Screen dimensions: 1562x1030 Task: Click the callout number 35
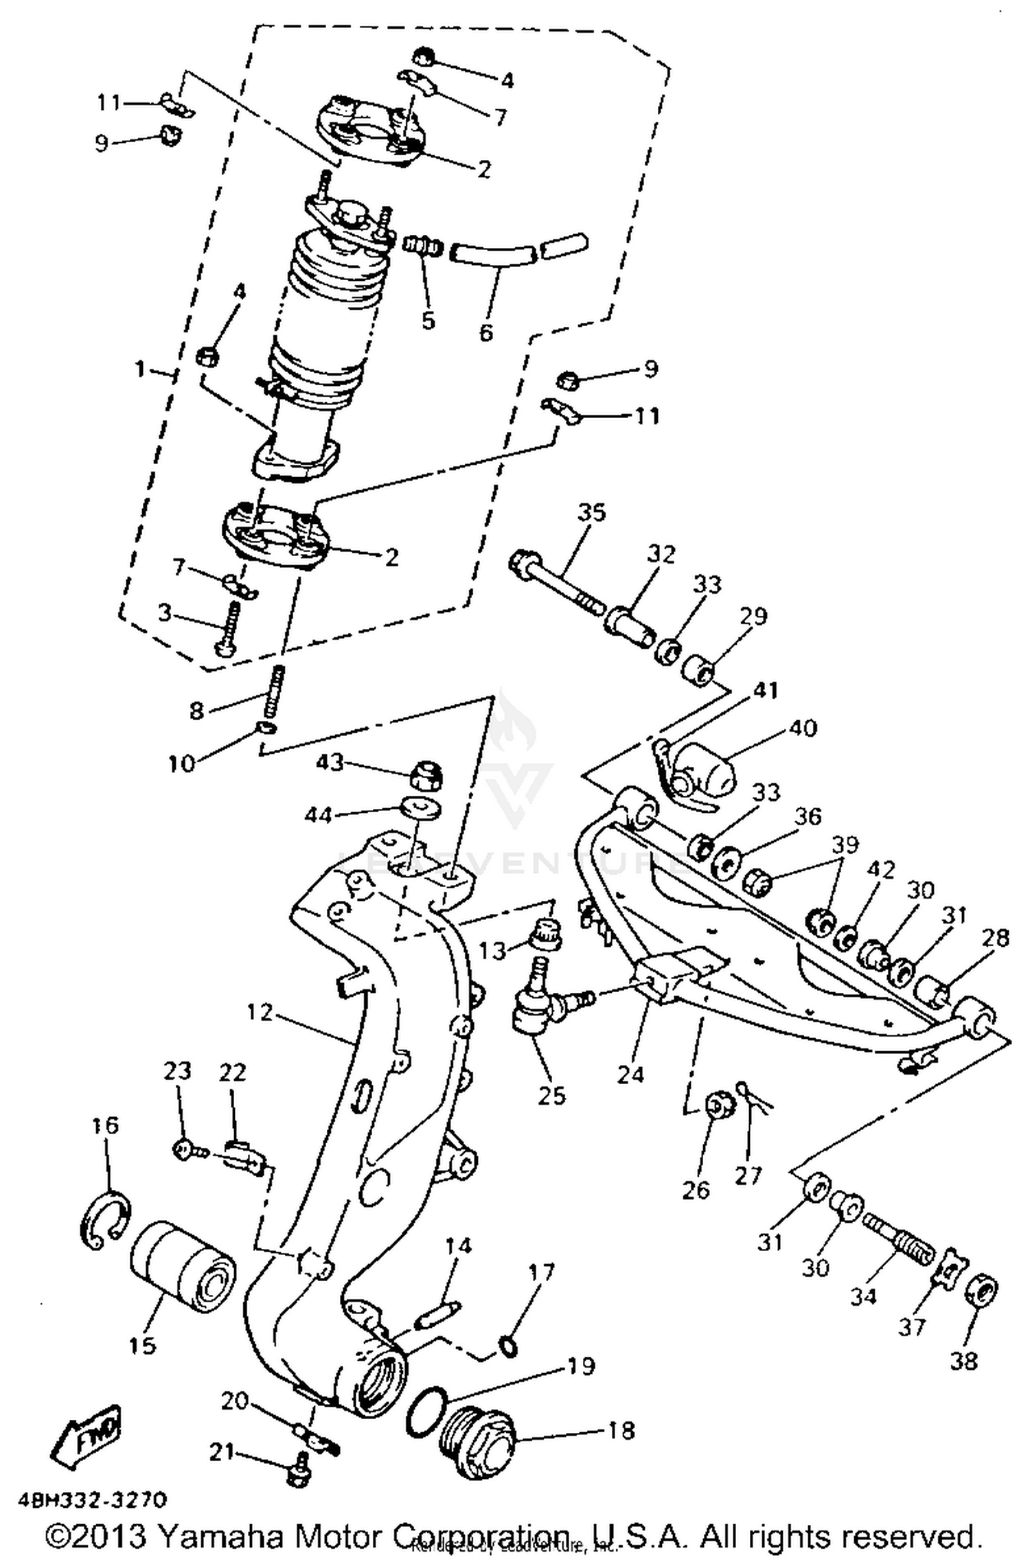coord(591,512)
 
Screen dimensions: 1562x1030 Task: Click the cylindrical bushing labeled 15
coord(182,1267)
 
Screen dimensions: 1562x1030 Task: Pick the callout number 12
coord(260,1012)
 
